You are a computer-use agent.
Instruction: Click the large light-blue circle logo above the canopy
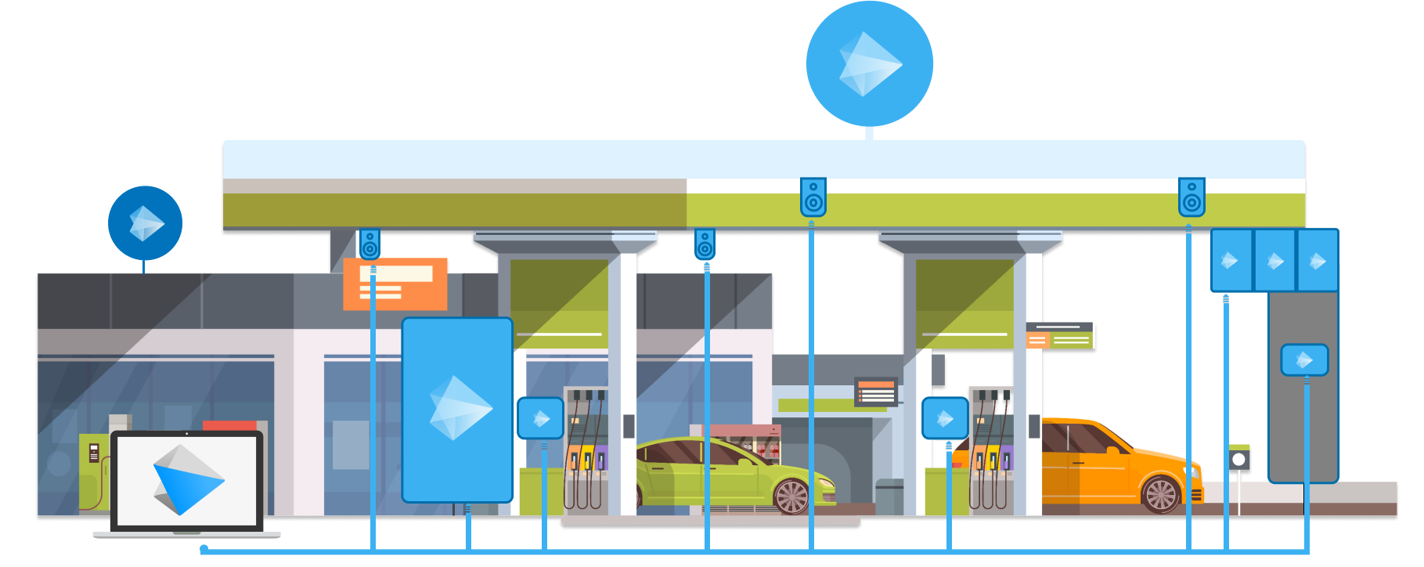(x=869, y=63)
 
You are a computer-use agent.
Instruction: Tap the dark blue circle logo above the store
(x=145, y=223)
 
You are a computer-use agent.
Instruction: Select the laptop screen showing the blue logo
(x=186, y=481)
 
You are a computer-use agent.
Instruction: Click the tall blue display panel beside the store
(x=457, y=409)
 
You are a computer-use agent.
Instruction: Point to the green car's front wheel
(x=791, y=497)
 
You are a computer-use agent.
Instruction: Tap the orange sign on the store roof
(x=395, y=283)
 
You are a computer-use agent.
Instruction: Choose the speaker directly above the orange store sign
(x=370, y=244)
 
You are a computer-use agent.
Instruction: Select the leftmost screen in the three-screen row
(x=1231, y=261)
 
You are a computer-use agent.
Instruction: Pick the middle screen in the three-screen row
(x=1275, y=261)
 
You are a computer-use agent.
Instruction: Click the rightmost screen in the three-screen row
(x=1318, y=261)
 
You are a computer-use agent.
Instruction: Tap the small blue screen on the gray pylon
(x=1304, y=360)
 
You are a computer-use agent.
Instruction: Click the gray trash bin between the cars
(x=889, y=497)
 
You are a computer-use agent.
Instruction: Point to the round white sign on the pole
(x=1238, y=460)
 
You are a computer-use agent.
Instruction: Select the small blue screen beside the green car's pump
(x=540, y=418)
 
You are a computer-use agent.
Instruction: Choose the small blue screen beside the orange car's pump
(x=945, y=418)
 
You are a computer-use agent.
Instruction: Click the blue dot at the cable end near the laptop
(x=204, y=548)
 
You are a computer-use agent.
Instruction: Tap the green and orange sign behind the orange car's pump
(x=1061, y=335)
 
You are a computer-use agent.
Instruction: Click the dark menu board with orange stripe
(x=875, y=392)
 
